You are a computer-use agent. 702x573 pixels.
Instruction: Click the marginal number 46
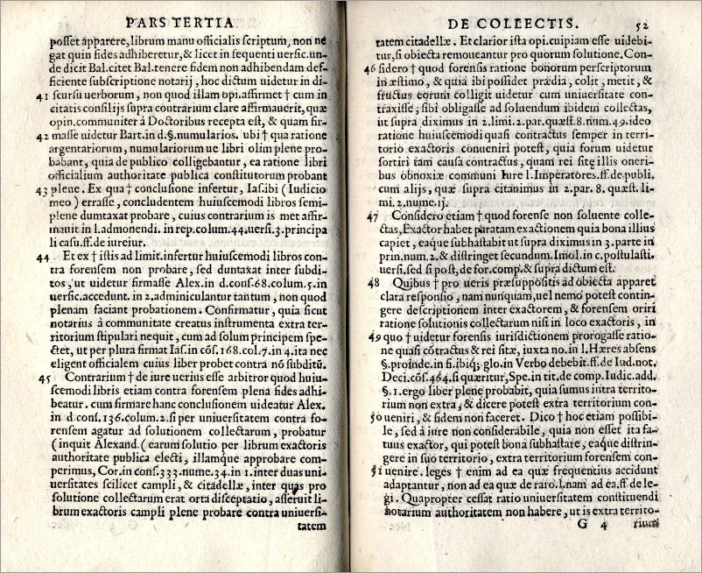370,67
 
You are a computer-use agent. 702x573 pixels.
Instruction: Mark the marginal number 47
372,216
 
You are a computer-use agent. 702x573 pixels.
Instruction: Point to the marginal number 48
372,282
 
